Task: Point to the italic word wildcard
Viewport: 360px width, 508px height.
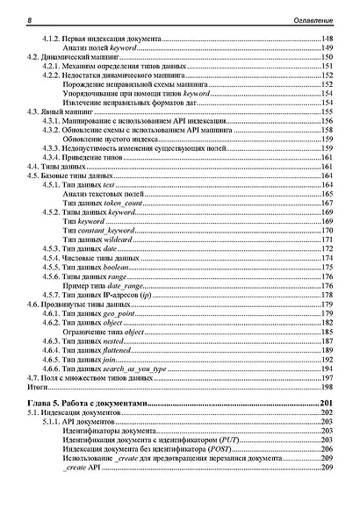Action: (x=119, y=239)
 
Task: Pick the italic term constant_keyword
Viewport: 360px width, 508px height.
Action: (x=106, y=230)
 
